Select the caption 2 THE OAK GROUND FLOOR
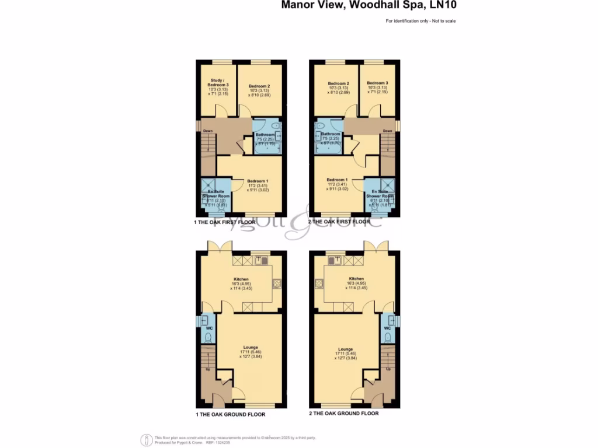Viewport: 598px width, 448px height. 343,414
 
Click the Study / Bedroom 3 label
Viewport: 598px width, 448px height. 218,86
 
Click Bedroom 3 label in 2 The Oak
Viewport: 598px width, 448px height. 377,83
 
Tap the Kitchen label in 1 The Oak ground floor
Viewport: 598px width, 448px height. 241,279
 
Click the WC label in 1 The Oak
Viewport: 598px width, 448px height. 205,328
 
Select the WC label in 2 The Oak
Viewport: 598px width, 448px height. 387,328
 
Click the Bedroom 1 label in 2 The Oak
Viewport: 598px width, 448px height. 337,180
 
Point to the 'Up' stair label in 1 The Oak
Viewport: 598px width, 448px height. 207,369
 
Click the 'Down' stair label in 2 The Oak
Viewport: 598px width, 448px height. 387,131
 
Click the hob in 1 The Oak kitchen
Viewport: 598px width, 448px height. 276,284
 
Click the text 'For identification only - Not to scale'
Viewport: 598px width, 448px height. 420,21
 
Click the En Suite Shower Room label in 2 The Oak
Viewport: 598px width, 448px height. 378,196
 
